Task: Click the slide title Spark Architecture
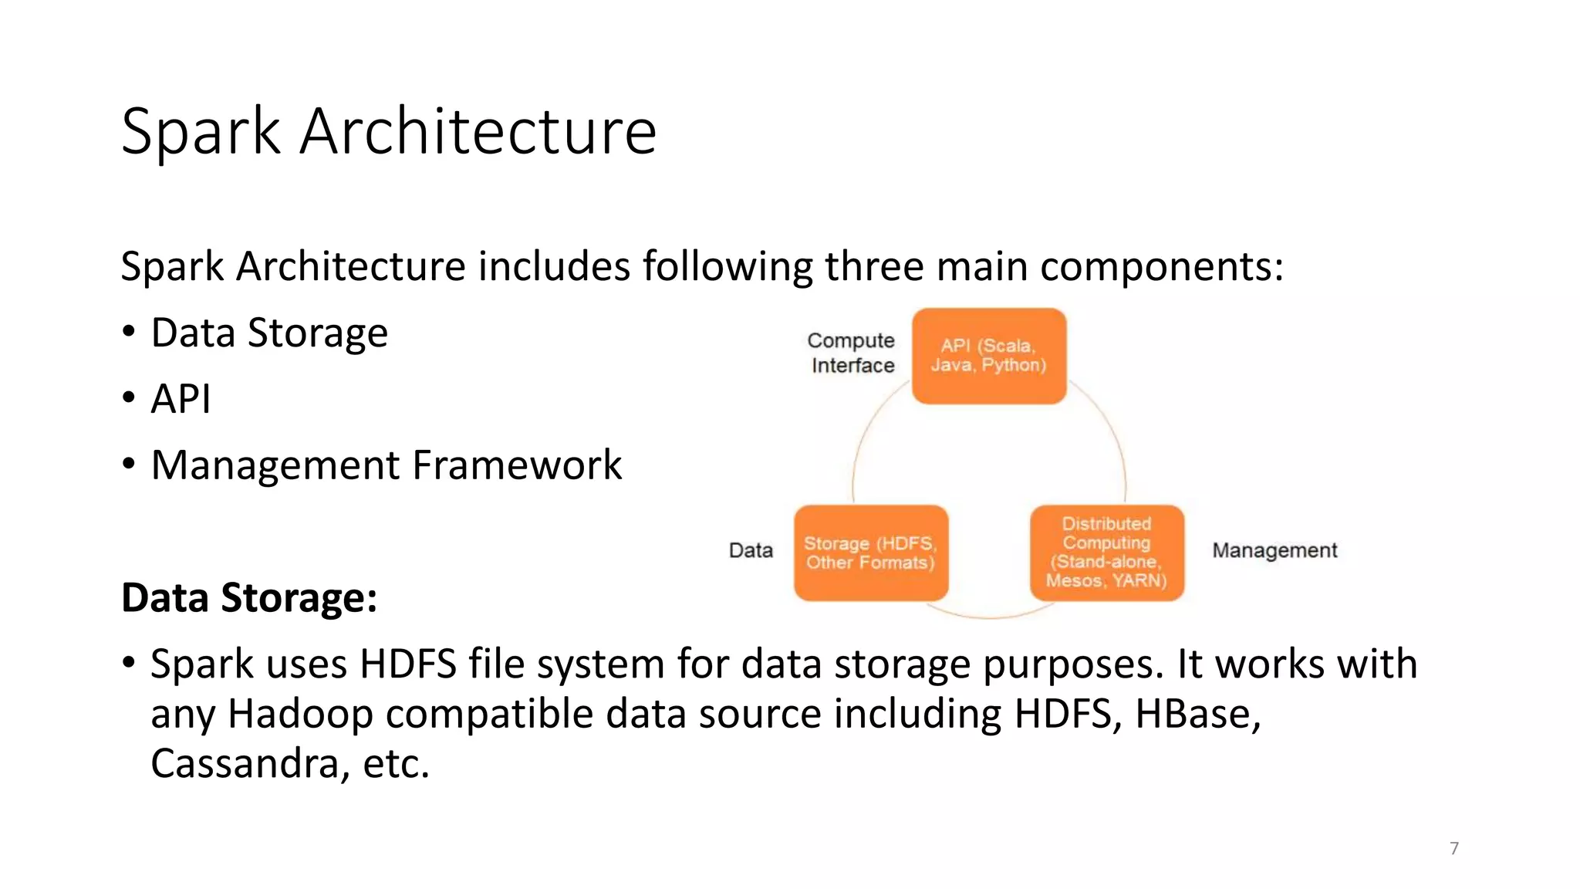[389, 131]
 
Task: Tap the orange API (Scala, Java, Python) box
[988, 356]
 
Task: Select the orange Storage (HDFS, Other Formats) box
[870, 553]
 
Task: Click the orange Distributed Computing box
[1106, 553]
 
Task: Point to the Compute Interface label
[852, 353]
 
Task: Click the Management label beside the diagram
[1274, 550]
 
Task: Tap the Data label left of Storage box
[750, 550]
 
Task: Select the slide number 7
[1454, 848]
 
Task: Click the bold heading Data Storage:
[249, 598]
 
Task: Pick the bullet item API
[181, 399]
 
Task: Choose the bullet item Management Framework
[386, 465]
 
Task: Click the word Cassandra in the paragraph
[245, 763]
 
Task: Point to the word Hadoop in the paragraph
[300, 714]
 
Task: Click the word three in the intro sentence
[874, 266]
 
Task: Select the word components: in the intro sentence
[1161, 268]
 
